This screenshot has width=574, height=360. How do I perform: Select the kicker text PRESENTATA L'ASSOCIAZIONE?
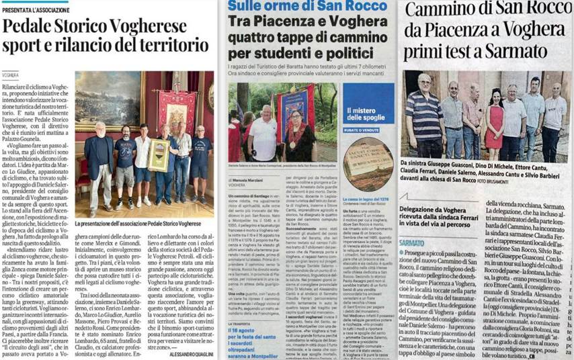[36, 9]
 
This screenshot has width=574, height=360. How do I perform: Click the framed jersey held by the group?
[159, 155]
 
